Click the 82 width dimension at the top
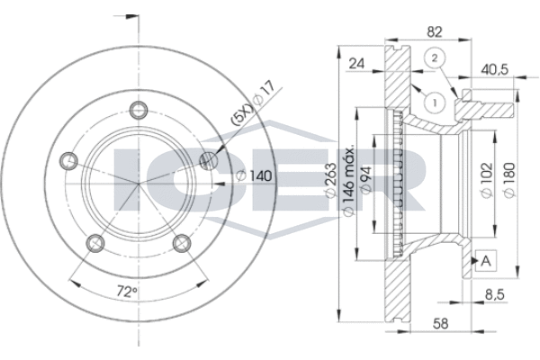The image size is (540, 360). (x=435, y=32)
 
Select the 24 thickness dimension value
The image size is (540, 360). (x=356, y=64)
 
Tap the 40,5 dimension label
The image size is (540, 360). (x=494, y=69)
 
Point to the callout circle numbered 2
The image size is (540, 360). (x=435, y=58)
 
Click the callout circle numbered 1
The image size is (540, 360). (x=435, y=102)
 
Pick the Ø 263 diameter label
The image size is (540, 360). (x=330, y=180)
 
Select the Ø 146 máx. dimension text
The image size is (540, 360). (x=348, y=181)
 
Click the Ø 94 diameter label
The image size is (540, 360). (x=365, y=179)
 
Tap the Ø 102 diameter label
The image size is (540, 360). (x=487, y=180)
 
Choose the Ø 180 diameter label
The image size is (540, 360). (x=509, y=180)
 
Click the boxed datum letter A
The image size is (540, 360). (x=486, y=260)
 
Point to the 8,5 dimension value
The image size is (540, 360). (x=494, y=294)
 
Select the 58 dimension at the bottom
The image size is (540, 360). (x=440, y=323)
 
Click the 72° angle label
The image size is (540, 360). (x=127, y=292)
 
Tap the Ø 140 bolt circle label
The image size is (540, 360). (x=255, y=176)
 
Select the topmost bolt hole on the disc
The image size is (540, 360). (x=139, y=110)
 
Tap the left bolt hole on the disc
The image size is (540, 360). (x=69, y=160)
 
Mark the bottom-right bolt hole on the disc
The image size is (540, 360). (x=182, y=243)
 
